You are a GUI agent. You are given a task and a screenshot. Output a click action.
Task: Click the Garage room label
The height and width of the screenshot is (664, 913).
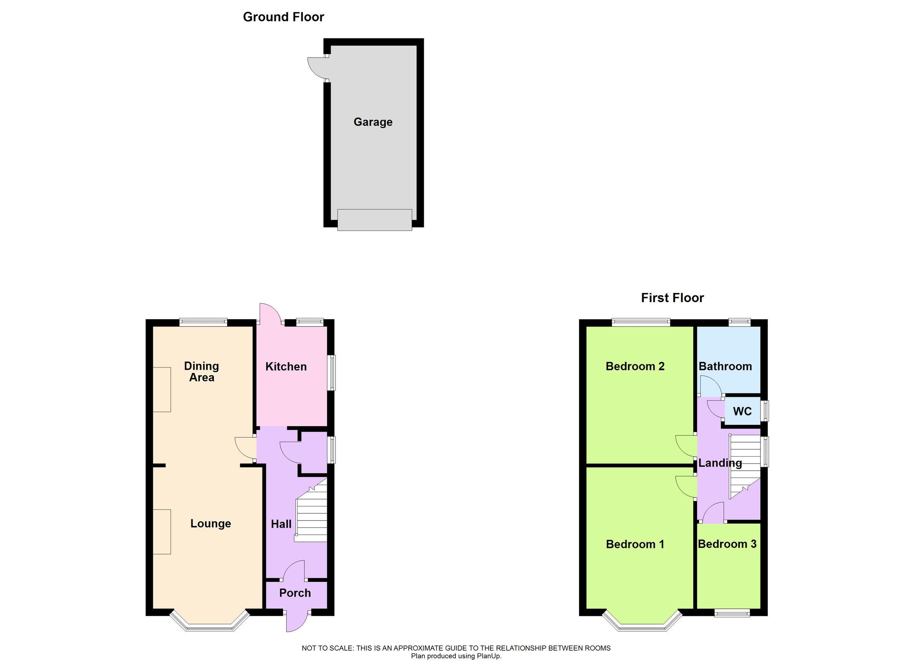373,122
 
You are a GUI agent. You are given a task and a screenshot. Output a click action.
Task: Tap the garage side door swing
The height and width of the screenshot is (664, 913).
317,68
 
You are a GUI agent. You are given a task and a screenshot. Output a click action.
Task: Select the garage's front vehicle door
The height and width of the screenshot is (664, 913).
374,220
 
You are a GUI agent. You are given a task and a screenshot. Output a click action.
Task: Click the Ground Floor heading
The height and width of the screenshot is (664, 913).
283,17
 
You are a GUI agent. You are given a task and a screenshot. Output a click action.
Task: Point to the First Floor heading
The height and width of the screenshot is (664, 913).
672,298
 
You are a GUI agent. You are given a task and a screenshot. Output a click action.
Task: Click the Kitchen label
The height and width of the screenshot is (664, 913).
286,366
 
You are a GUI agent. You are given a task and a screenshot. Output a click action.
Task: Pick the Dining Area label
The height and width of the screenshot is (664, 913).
202,372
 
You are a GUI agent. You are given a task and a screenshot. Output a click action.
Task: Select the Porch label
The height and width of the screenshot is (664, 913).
295,593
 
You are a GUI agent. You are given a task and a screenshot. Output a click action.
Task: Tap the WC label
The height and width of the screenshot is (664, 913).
742,411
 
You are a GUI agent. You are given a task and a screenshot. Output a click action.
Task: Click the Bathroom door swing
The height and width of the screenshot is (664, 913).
710,386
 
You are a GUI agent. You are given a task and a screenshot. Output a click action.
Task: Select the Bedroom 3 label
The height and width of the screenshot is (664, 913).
727,544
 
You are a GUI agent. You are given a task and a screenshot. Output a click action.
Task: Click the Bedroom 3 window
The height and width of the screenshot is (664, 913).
732,613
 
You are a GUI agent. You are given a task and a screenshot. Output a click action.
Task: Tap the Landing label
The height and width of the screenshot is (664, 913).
720,463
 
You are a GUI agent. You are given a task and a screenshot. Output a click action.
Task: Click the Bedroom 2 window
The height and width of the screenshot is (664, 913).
641,322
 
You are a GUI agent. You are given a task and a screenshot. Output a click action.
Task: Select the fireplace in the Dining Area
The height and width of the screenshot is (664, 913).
162,389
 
